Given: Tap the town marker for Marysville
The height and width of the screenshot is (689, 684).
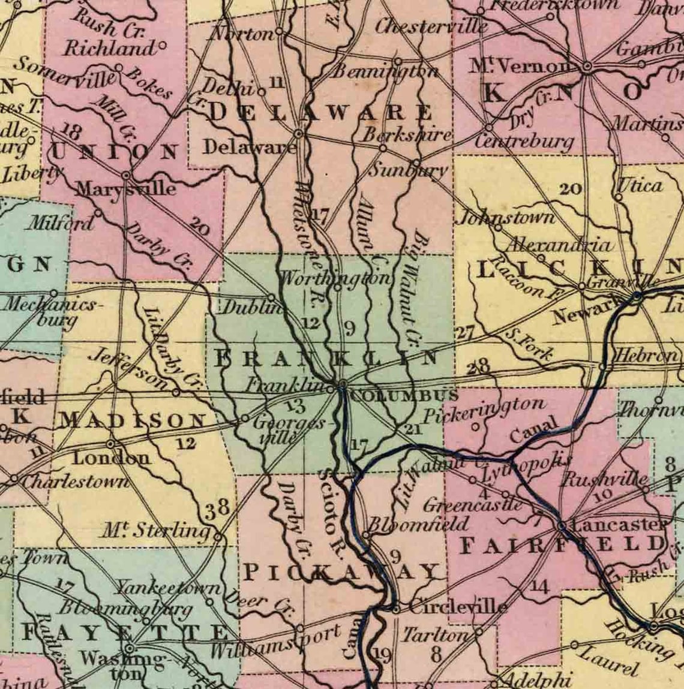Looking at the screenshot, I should tap(126, 176).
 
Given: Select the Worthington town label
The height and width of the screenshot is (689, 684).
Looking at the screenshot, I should tap(335, 278).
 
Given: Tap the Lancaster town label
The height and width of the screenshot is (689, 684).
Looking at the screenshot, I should tap(619, 525).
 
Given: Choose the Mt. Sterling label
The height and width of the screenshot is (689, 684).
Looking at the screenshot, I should tap(155, 530).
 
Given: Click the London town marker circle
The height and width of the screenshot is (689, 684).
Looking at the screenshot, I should tap(110, 444).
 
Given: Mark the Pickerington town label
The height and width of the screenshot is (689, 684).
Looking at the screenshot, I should tap(484, 410).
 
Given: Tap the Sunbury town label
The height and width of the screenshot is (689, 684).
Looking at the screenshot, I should tap(408, 170).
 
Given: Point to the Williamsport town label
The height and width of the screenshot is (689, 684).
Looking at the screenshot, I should tap(275, 642).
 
